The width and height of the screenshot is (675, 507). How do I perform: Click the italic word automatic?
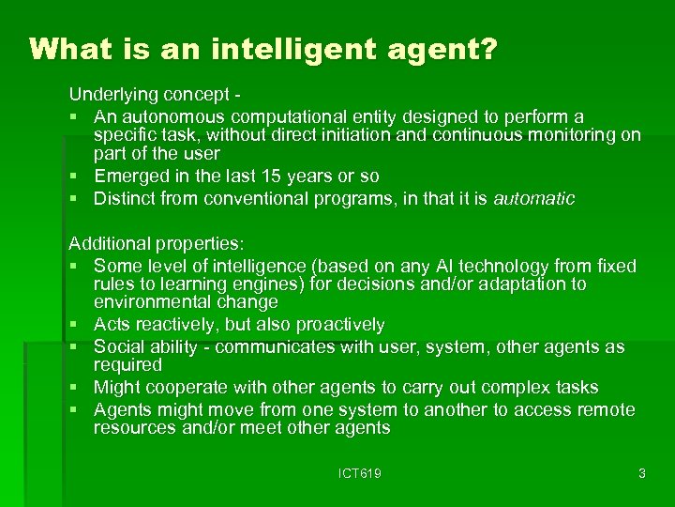pos(533,199)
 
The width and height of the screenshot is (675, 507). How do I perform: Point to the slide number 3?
pos(641,474)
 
